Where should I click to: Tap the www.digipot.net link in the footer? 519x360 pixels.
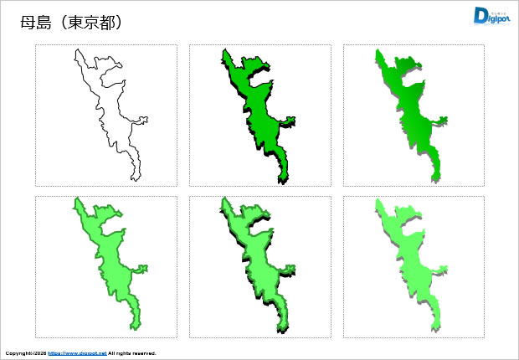pyautogui.click(x=76, y=353)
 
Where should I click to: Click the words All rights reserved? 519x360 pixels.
pyautogui.click(x=132, y=353)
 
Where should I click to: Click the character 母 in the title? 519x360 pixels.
pyautogui.click(x=28, y=23)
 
